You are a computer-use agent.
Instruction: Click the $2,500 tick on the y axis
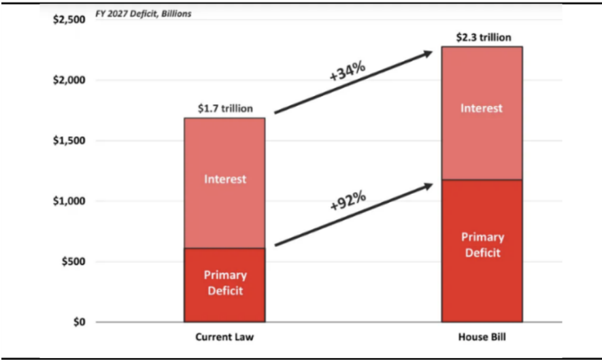click(69, 20)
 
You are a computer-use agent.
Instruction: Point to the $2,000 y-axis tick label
click(69, 80)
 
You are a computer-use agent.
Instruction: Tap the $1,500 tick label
click(69, 141)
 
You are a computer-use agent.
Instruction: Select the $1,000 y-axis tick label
click(69, 201)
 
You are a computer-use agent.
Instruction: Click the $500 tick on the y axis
click(73, 261)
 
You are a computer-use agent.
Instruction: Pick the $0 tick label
click(80, 322)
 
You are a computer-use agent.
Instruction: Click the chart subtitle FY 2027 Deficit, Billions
click(144, 14)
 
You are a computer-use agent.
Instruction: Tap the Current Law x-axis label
click(224, 337)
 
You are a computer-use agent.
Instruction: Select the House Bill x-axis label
click(482, 337)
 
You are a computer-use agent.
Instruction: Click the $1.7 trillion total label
click(225, 108)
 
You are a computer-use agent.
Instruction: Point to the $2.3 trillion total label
click(484, 37)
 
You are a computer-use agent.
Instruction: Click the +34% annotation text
click(348, 71)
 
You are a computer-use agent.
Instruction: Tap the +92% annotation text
click(348, 201)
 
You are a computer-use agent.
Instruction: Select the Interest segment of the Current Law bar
click(224, 183)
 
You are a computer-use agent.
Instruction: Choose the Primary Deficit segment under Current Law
click(224, 285)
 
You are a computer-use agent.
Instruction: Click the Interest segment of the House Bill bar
click(482, 113)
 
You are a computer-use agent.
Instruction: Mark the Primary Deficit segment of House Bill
click(482, 250)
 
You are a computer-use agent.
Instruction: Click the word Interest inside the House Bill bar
click(482, 108)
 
